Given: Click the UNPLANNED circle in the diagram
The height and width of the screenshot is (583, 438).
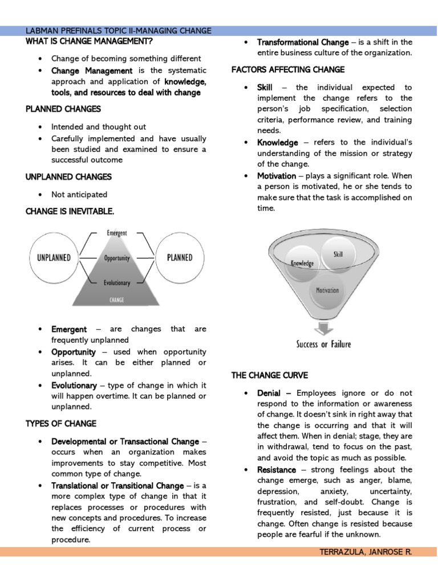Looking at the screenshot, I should (x=54, y=258).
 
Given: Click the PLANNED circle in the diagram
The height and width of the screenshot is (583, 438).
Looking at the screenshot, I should (x=180, y=258).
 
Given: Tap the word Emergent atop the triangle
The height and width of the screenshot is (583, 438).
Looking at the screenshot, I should (x=117, y=233).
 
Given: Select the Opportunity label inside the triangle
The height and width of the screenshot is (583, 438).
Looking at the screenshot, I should (x=117, y=258).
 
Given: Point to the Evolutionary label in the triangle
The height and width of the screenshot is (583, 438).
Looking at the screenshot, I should (x=117, y=282).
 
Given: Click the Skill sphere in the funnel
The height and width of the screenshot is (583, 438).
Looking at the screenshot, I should (x=338, y=254).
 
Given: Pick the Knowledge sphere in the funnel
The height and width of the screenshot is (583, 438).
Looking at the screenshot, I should (x=303, y=264).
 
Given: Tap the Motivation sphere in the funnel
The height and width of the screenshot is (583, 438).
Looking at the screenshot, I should (x=327, y=290).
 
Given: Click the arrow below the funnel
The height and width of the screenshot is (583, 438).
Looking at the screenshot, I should (x=323, y=329).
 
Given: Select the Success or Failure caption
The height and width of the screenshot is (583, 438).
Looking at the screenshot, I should (x=323, y=344).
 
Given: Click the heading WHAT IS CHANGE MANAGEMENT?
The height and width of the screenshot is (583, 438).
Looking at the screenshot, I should (x=89, y=42).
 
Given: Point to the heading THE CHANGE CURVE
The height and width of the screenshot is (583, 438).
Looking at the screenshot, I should (x=269, y=375).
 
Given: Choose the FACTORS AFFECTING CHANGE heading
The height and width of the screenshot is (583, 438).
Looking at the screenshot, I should (x=287, y=69).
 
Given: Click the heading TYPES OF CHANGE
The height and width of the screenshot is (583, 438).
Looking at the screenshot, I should (x=61, y=424).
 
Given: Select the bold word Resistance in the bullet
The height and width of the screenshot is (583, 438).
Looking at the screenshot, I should (x=277, y=470).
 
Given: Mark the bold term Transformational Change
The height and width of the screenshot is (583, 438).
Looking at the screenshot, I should (x=302, y=42).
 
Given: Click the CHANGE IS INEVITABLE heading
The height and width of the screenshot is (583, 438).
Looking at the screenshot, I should (x=70, y=211).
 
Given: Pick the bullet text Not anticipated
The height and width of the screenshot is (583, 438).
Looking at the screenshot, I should (x=79, y=194).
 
